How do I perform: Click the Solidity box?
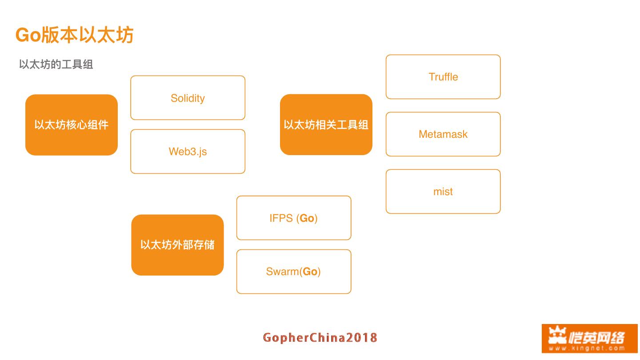[188, 98]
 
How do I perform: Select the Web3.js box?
[188, 152]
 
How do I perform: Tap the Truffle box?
[443, 77]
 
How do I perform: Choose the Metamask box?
[443, 134]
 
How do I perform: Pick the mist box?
[443, 192]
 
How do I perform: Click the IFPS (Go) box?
[293, 218]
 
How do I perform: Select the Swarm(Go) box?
[293, 272]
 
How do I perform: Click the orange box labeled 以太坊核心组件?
[72, 125]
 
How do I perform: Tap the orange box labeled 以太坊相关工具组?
[326, 125]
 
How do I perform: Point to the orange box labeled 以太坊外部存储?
[177, 245]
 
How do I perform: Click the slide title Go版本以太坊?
[74, 35]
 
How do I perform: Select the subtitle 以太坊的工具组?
[56, 64]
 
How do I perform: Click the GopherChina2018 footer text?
[320, 338]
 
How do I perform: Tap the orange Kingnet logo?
[589, 338]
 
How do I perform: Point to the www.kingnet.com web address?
[587, 348]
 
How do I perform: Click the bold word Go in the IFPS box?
[307, 218]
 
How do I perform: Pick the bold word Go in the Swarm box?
[310, 272]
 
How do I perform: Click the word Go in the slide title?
[28, 35]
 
